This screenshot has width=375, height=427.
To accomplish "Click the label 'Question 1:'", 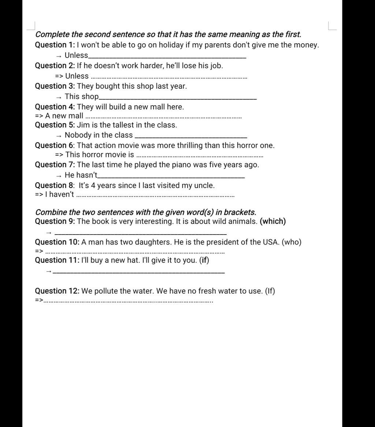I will pos(55,45).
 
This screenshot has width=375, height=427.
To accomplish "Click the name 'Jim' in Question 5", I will pos(83,125).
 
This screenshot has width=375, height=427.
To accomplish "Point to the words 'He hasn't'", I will pos(81,175).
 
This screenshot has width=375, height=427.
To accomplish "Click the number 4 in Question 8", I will pos(93,185).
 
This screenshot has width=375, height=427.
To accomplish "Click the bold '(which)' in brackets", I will pos(272,221).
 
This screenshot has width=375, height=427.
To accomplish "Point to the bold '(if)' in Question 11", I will pos(204,260).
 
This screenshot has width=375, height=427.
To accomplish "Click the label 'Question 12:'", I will pos(57,291).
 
